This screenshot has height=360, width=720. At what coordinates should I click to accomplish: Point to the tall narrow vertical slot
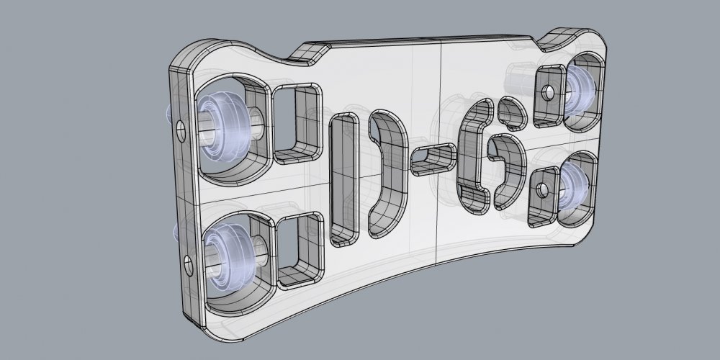point(343,176)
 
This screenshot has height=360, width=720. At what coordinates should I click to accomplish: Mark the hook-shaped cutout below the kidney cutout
point(507,166)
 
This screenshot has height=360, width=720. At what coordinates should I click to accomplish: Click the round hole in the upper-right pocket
point(548,92)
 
